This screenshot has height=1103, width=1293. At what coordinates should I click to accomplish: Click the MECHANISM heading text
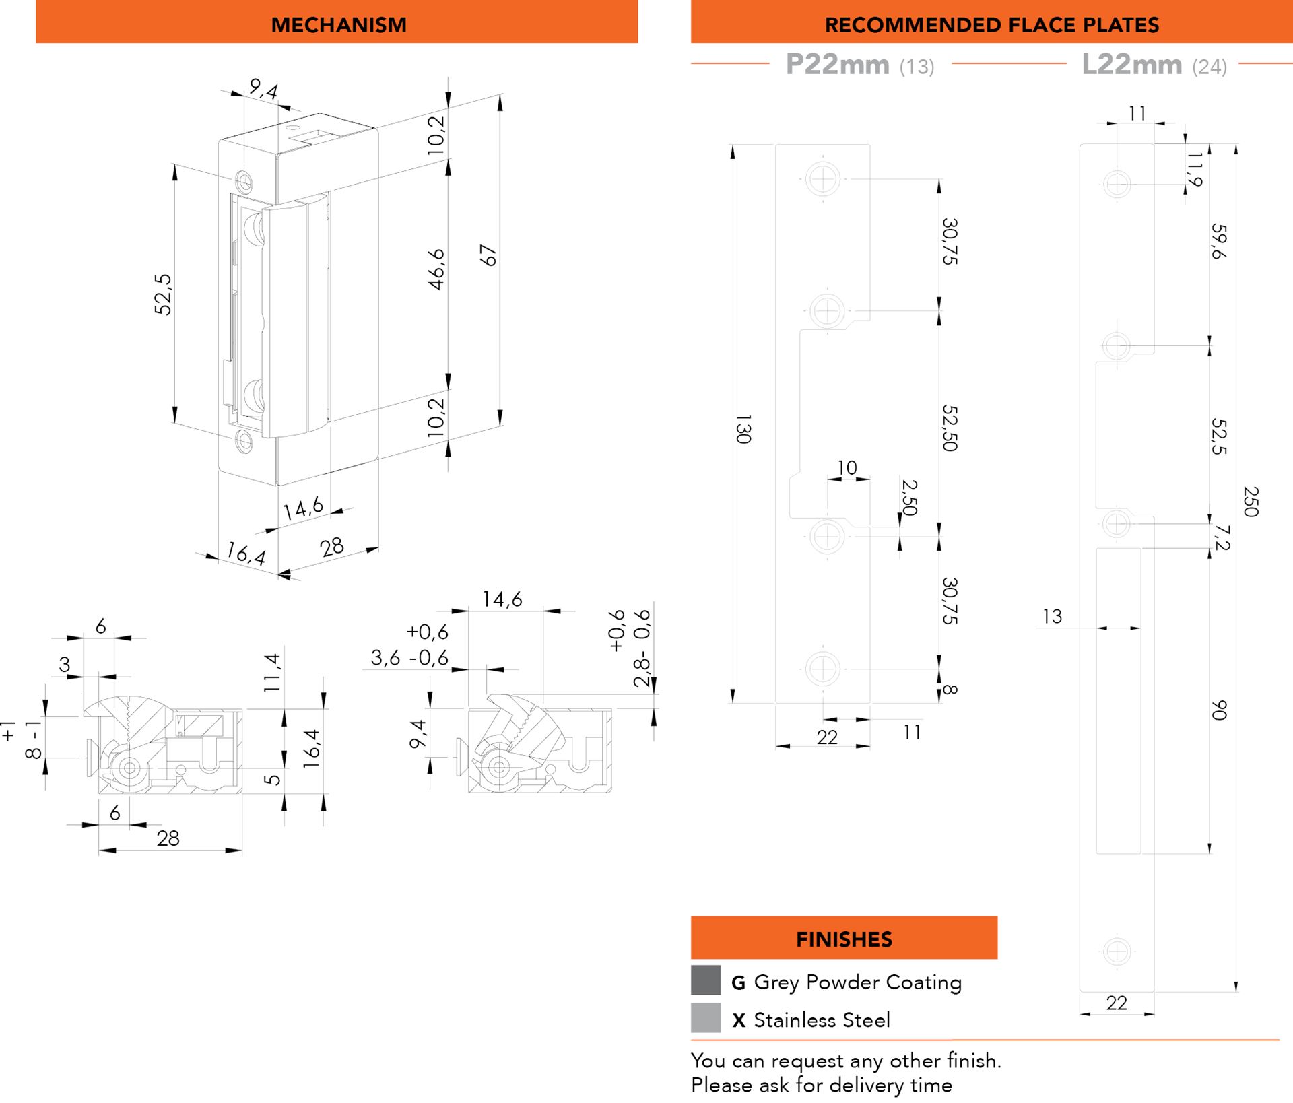pos(339,25)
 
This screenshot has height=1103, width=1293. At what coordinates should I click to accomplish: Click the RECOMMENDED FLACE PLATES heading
pos(991,25)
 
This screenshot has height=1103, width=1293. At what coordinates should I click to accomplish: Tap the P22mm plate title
pos(860,65)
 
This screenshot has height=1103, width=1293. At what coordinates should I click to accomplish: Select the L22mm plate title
pos(1154,65)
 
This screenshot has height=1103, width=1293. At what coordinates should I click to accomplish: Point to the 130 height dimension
pos(743,429)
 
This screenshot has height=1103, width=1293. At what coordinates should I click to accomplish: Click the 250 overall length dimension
pos(1251,501)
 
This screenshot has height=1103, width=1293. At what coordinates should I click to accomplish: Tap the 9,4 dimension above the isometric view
pos(263,88)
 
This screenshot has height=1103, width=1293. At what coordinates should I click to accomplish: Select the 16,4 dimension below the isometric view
pos(246,554)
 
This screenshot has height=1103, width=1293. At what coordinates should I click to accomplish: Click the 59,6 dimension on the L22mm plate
pos(1218,241)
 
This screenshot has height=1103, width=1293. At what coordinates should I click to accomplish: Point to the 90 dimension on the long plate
pos(1219,710)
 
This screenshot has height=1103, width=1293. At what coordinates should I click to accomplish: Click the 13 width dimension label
pos(1052,616)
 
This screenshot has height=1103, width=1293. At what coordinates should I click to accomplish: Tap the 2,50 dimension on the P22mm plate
pos(909,497)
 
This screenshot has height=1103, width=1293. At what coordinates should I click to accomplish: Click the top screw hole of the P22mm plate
pos(823,179)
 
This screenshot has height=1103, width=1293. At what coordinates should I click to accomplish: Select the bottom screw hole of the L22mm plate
pos(1117,951)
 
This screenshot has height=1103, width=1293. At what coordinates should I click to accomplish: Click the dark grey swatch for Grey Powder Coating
pos(706,980)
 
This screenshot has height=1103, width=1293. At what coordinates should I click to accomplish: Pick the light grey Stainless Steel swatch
pos(706,1017)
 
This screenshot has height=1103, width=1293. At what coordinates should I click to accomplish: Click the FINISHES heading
pos(844,939)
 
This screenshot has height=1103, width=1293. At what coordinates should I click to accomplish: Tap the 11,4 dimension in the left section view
pos(271,672)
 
